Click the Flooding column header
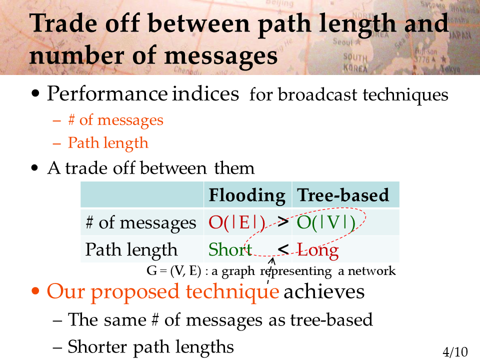246,195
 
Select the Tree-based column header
343,195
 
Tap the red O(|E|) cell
236,222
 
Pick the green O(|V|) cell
326,222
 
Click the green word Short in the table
230,249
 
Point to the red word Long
318,250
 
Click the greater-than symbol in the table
283,221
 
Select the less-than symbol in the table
283,249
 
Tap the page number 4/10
455,352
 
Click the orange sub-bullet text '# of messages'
115,120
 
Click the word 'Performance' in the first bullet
107,93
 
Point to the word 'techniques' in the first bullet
405,95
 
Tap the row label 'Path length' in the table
131,250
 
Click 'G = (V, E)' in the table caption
174,271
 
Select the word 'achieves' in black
324,291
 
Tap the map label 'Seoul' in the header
343,41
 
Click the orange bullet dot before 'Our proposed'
35,290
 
